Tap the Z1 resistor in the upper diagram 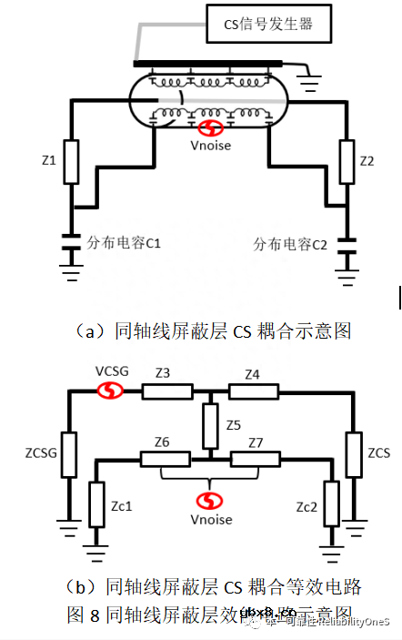[x=71, y=162]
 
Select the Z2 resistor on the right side [x=345, y=161]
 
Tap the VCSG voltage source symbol [x=111, y=391]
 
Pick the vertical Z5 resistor [x=210, y=424]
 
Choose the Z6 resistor [x=165, y=457]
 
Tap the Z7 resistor [x=255, y=457]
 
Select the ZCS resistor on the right [x=353, y=452]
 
